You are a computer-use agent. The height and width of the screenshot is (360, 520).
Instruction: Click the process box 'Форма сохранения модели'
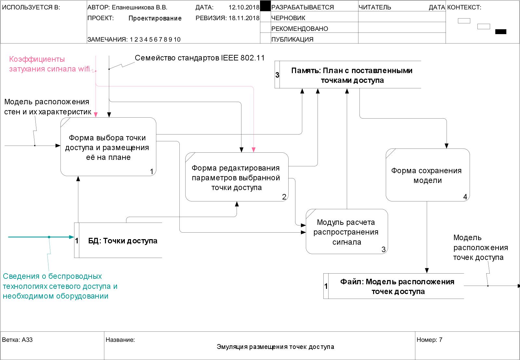427,175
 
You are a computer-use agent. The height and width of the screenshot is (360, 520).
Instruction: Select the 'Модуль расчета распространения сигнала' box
347,232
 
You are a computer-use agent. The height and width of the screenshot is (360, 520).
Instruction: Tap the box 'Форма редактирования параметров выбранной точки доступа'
237,177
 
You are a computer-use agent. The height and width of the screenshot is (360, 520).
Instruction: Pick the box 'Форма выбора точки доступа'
108,147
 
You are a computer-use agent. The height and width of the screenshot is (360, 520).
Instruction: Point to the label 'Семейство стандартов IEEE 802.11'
200,58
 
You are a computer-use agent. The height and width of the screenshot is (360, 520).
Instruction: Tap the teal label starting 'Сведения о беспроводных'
60,286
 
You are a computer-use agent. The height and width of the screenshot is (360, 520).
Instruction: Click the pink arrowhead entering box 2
253,150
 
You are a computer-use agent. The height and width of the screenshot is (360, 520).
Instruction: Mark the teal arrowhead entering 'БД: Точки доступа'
72,237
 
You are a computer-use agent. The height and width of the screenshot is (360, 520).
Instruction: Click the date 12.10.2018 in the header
244,7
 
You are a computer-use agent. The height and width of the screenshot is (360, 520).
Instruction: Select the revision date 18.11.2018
244,18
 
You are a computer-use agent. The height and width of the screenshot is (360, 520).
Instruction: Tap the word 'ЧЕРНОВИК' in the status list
288,18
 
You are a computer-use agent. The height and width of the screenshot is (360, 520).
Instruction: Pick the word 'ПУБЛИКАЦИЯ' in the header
292,39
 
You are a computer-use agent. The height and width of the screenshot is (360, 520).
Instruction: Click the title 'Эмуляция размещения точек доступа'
275,347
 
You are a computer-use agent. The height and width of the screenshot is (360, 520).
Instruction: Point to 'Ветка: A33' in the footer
18,340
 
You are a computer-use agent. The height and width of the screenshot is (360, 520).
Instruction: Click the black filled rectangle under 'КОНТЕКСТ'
500,32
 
